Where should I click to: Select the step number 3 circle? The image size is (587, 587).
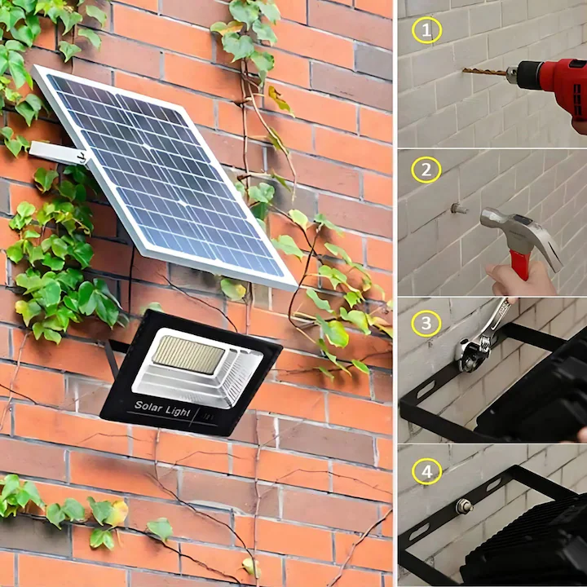point(425,323)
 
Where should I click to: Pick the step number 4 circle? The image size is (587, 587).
point(425,471)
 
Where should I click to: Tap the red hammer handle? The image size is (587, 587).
point(519,263)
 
